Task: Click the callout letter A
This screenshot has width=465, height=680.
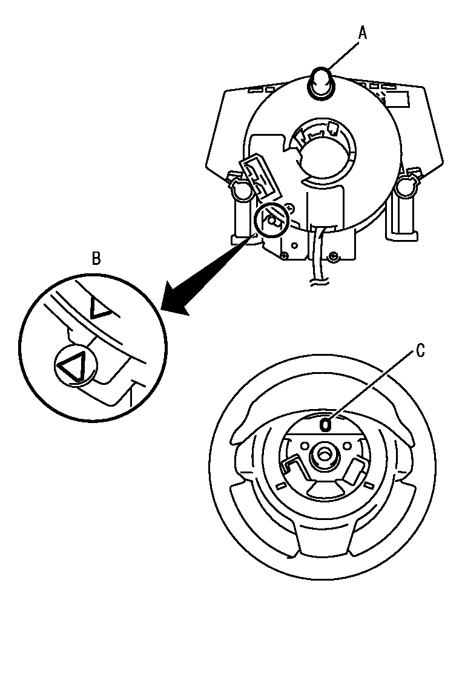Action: tap(362, 33)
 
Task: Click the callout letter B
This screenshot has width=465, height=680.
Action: tap(96, 259)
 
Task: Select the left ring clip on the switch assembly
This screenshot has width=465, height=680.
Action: tap(238, 188)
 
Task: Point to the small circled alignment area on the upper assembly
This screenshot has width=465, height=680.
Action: tap(269, 221)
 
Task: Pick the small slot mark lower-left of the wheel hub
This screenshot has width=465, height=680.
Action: tap(280, 486)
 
